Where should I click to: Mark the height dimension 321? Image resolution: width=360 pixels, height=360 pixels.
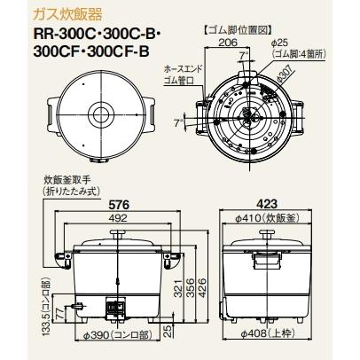coord(179,287)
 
